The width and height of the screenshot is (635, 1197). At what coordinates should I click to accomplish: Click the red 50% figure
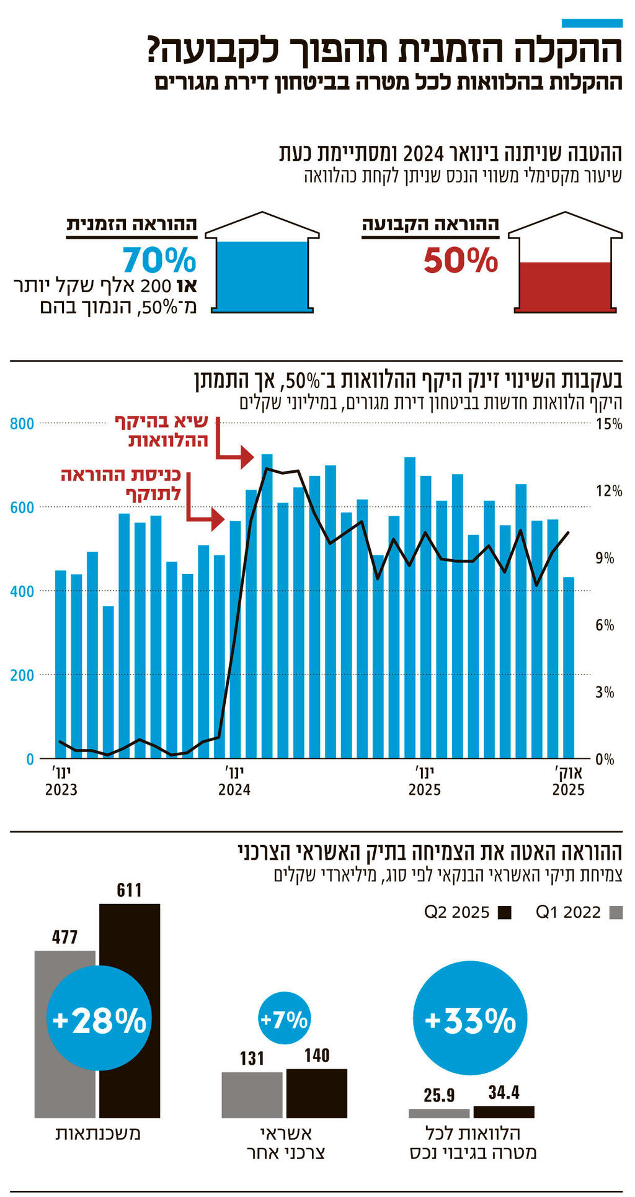point(461,261)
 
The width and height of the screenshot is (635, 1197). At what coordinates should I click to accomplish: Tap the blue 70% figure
point(159,261)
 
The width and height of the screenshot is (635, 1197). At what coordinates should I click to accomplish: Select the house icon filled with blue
point(262,264)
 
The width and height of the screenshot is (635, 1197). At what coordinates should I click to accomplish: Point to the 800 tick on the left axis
point(22,424)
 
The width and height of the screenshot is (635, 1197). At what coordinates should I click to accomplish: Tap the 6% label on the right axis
point(605,625)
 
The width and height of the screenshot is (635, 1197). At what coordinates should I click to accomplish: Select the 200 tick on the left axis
point(22,675)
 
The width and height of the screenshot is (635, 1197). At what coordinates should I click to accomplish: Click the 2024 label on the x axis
point(234,789)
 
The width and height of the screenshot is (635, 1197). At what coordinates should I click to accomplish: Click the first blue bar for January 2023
point(61,664)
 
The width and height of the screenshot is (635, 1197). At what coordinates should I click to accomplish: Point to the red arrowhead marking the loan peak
point(247,457)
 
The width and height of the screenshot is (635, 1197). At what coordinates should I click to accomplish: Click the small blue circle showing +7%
point(283,1019)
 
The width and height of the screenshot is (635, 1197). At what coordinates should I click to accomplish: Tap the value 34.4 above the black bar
point(504,1092)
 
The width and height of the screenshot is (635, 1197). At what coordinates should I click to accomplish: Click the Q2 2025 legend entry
point(468,912)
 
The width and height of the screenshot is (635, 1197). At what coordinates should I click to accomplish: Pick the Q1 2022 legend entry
point(578,912)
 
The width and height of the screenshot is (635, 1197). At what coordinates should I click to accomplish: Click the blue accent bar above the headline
point(592,23)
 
